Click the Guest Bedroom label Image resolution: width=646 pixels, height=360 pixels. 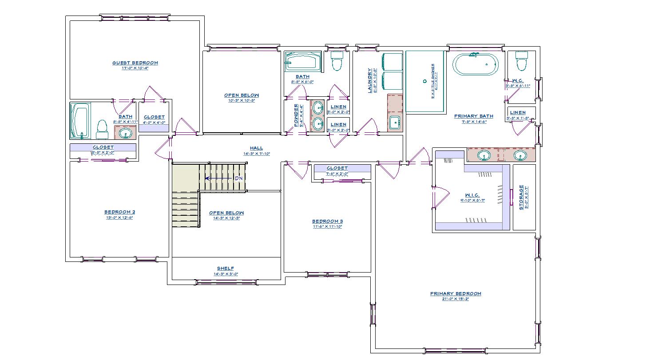click(135, 63)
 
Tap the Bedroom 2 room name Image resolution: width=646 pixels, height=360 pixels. click(119, 212)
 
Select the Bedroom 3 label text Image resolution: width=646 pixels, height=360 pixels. click(327, 221)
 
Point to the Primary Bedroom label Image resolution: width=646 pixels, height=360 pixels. click(456, 293)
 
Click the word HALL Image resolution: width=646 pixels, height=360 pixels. click(256, 148)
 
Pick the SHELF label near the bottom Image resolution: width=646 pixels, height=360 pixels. click(226, 268)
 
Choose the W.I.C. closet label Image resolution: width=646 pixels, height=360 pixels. click(472, 195)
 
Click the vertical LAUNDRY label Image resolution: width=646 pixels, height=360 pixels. click(369, 80)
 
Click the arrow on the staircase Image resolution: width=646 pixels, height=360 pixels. click(218, 178)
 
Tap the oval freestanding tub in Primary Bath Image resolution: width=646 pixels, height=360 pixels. click(476, 64)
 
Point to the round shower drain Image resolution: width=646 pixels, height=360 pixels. click(424, 81)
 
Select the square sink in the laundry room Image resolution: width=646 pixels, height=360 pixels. click(394, 122)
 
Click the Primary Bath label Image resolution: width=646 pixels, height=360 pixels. click(474, 116)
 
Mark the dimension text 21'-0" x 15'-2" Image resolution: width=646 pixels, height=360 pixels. click(456, 299)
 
